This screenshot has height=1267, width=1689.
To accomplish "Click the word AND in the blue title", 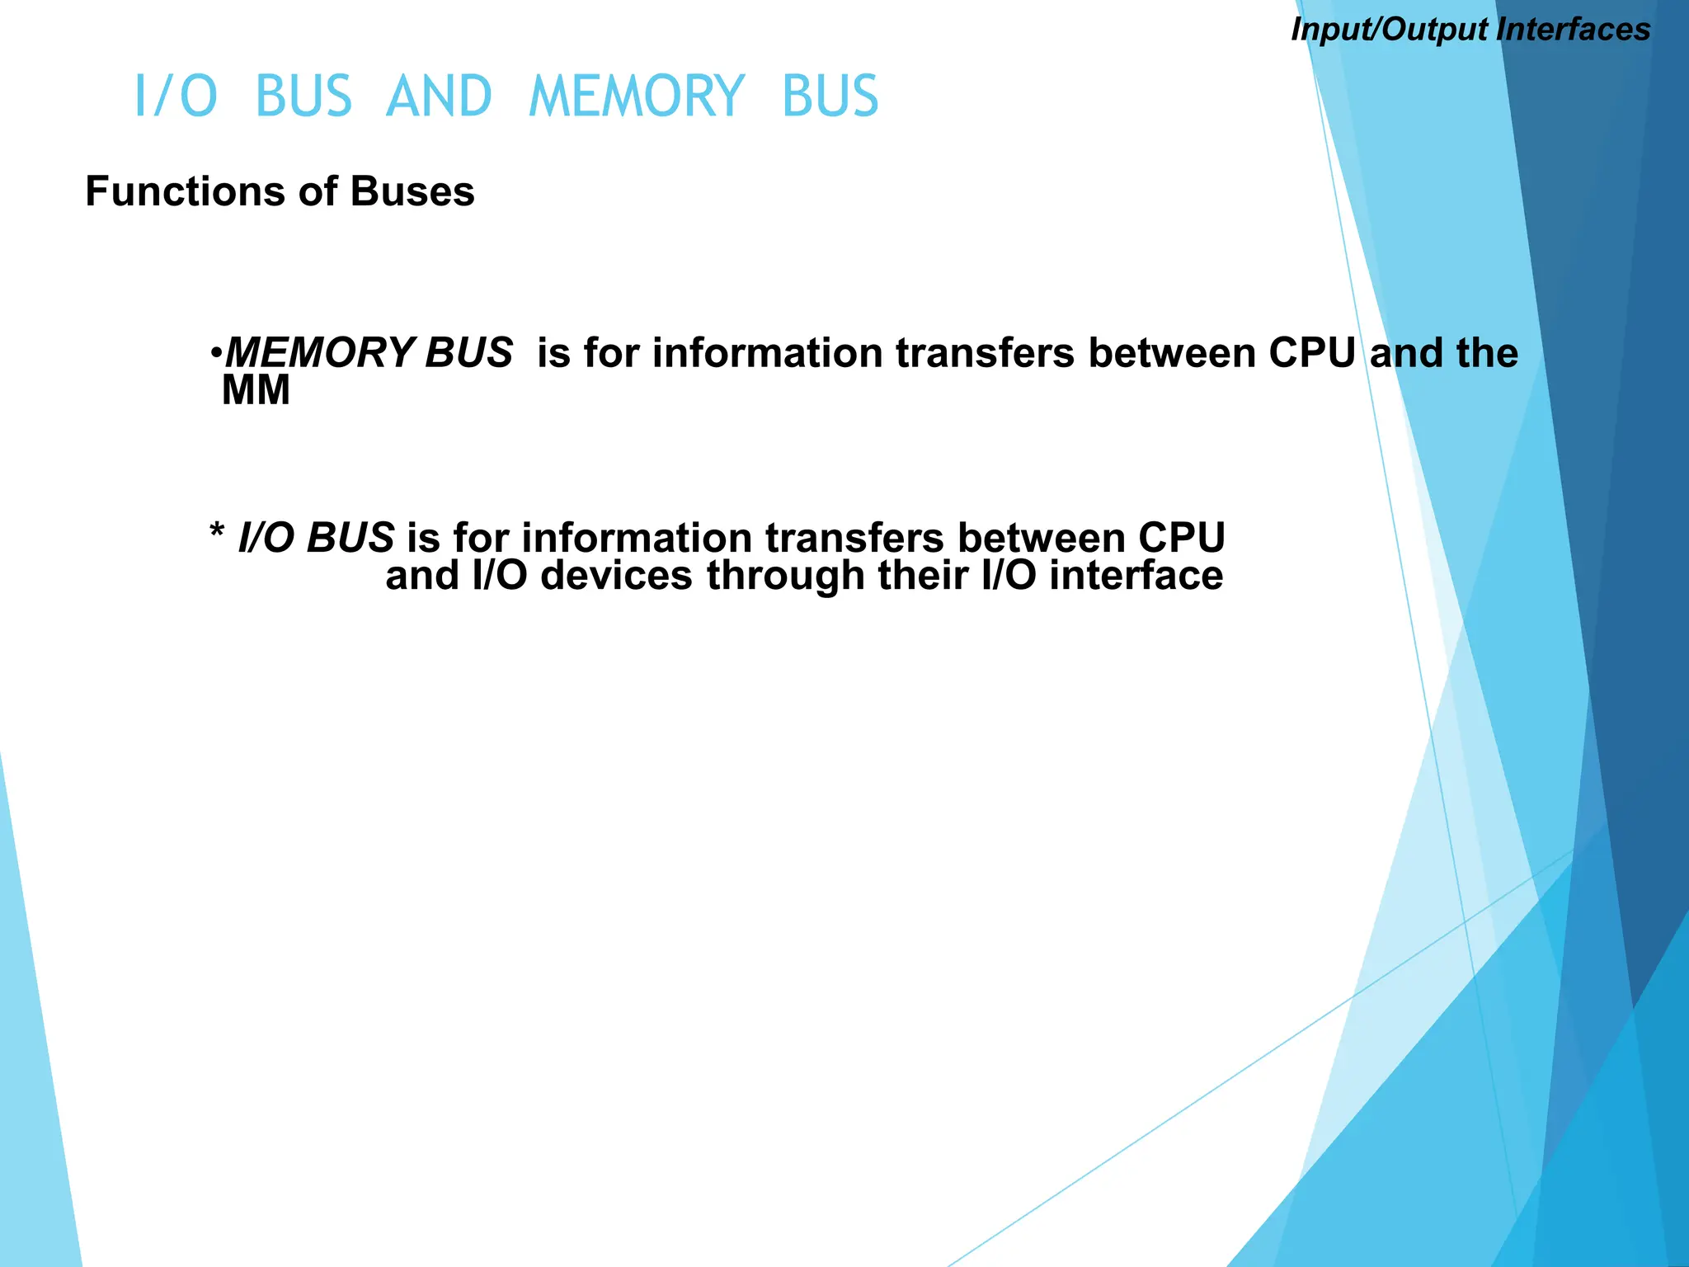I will [x=439, y=97].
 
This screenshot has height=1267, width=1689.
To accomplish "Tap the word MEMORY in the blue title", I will [x=637, y=97].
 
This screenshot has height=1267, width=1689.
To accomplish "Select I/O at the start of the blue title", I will [x=176, y=97].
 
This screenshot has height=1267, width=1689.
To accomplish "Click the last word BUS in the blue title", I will [x=830, y=97].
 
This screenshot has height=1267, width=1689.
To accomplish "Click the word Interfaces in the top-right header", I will [x=1573, y=30].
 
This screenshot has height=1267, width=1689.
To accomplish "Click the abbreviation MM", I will [x=256, y=390].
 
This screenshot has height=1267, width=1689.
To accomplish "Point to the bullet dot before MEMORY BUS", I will [x=215, y=354].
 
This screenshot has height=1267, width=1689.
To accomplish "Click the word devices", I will [x=616, y=575].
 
